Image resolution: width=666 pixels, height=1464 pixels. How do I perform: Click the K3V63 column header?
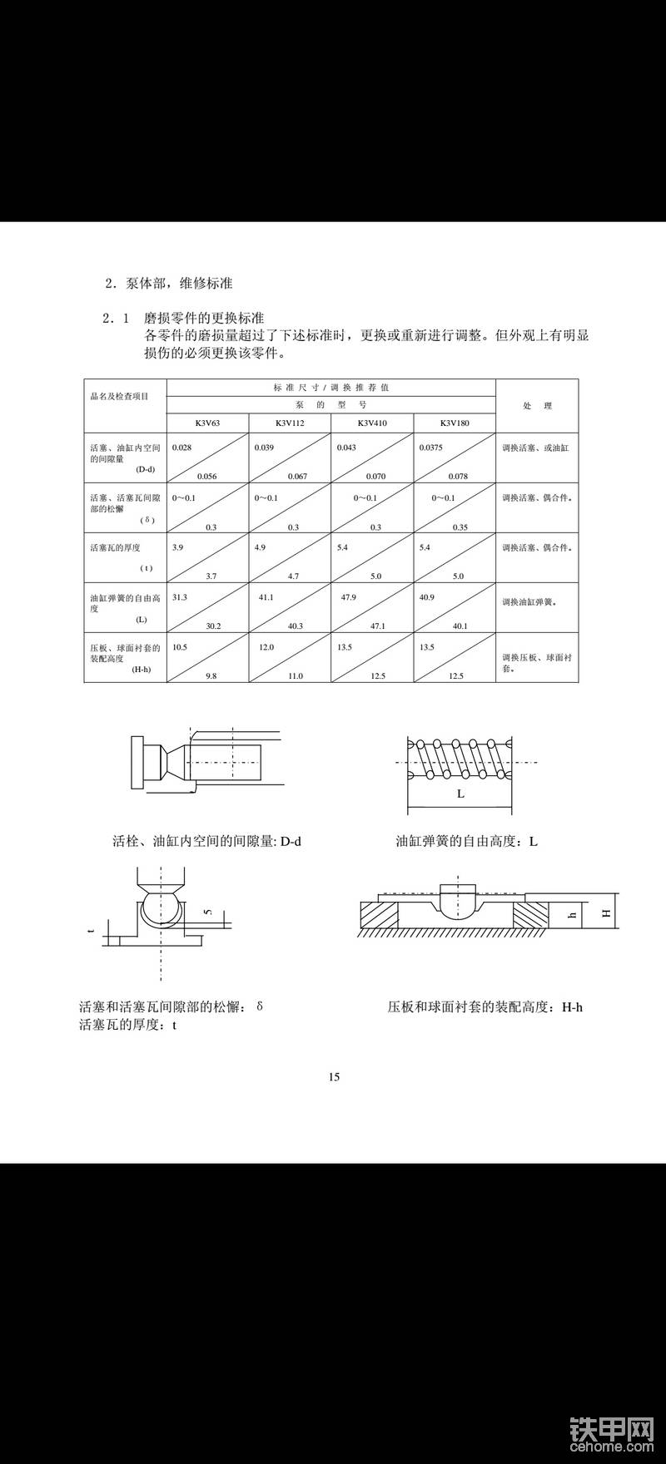(x=207, y=423)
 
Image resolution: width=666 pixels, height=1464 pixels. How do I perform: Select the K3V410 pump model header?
(x=372, y=423)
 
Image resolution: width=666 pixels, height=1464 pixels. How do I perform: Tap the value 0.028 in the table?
(x=181, y=448)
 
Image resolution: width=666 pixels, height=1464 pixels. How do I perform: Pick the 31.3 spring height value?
(x=179, y=597)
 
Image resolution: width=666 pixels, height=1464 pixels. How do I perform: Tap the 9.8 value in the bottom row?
(x=211, y=676)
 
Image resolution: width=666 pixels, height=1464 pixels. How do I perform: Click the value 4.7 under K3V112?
(x=293, y=576)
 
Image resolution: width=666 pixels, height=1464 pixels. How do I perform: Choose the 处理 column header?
(x=537, y=406)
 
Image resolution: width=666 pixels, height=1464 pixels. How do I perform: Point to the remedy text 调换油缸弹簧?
(x=528, y=601)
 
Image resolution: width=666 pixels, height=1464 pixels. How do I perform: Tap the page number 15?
(x=334, y=1077)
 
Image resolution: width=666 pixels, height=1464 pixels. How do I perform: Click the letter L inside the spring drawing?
(x=460, y=794)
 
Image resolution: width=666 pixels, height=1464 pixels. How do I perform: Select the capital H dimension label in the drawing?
(x=607, y=913)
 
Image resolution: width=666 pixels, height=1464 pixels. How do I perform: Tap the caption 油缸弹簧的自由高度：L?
(x=466, y=841)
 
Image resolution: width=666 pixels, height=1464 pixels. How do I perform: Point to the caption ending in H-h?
(x=485, y=1007)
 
